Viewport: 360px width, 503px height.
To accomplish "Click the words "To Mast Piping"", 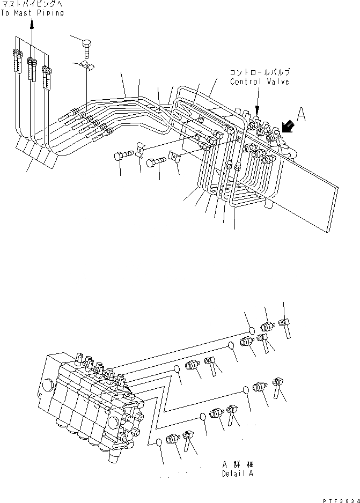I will pos(32,12).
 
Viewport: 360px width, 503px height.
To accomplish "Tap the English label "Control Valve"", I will pos(259,82).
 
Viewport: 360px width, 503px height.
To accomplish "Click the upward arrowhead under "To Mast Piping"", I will pos(31,23).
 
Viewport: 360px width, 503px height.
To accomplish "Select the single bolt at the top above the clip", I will pos(87,47).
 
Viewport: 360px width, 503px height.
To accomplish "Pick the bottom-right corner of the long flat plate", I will pos(328,232).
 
